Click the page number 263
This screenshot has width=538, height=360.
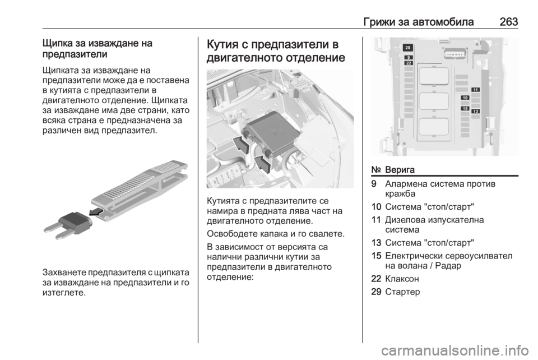click(508, 22)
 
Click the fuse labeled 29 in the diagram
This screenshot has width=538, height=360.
click(407, 48)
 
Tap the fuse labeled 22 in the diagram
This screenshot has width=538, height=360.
click(409, 63)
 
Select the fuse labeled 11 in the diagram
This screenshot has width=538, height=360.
click(476, 90)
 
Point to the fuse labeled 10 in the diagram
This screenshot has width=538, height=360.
click(465, 98)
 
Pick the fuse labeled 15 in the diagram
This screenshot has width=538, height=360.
click(465, 108)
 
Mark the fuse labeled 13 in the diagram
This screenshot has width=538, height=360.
click(476, 111)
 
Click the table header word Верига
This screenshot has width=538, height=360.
click(400, 169)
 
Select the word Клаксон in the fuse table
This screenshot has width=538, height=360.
click(402, 279)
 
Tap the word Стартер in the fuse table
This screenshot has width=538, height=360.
click(402, 292)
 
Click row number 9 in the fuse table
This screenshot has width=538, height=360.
click(374, 184)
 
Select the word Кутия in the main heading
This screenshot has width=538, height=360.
click(224, 45)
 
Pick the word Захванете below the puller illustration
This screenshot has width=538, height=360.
click(64, 273)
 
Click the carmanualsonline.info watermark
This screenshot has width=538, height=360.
click(454, 350)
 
